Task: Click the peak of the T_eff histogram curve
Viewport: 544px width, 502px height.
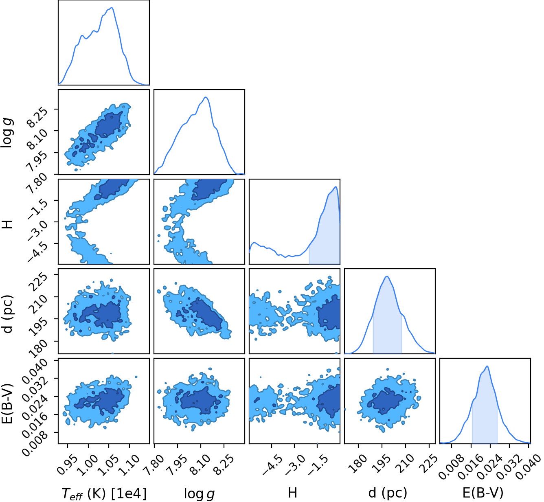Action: (112, 7)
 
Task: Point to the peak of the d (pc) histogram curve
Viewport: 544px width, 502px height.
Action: (387, 276)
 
